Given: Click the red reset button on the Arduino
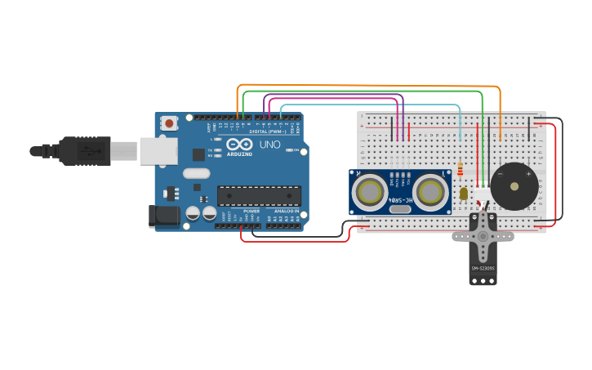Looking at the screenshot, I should click(169, 123).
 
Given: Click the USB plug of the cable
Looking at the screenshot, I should click(122, 151).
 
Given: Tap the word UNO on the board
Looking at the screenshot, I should click(269, 145).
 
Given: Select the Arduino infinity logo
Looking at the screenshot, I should click(239, 145).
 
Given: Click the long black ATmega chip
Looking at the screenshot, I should click(258, 195).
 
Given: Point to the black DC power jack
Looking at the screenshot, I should click(163, 216).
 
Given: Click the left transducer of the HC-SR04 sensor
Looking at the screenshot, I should click(371, 192).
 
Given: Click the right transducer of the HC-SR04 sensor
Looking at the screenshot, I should click(430, 192).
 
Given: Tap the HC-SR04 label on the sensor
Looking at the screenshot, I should click(400, 197).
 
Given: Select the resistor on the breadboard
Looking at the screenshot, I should click(461, 169).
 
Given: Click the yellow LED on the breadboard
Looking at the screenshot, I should click(464, 194).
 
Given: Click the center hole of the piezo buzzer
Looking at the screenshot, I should click(514, 186).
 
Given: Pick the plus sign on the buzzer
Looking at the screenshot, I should click(528, 174).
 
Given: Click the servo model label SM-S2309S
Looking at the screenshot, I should click(483, 268).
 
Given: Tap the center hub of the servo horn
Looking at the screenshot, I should click(483, 234).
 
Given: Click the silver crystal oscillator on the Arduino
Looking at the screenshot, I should click(196, 173).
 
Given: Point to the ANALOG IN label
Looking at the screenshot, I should click(286, 212).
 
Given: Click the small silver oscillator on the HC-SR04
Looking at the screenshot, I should click(400, 209).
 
